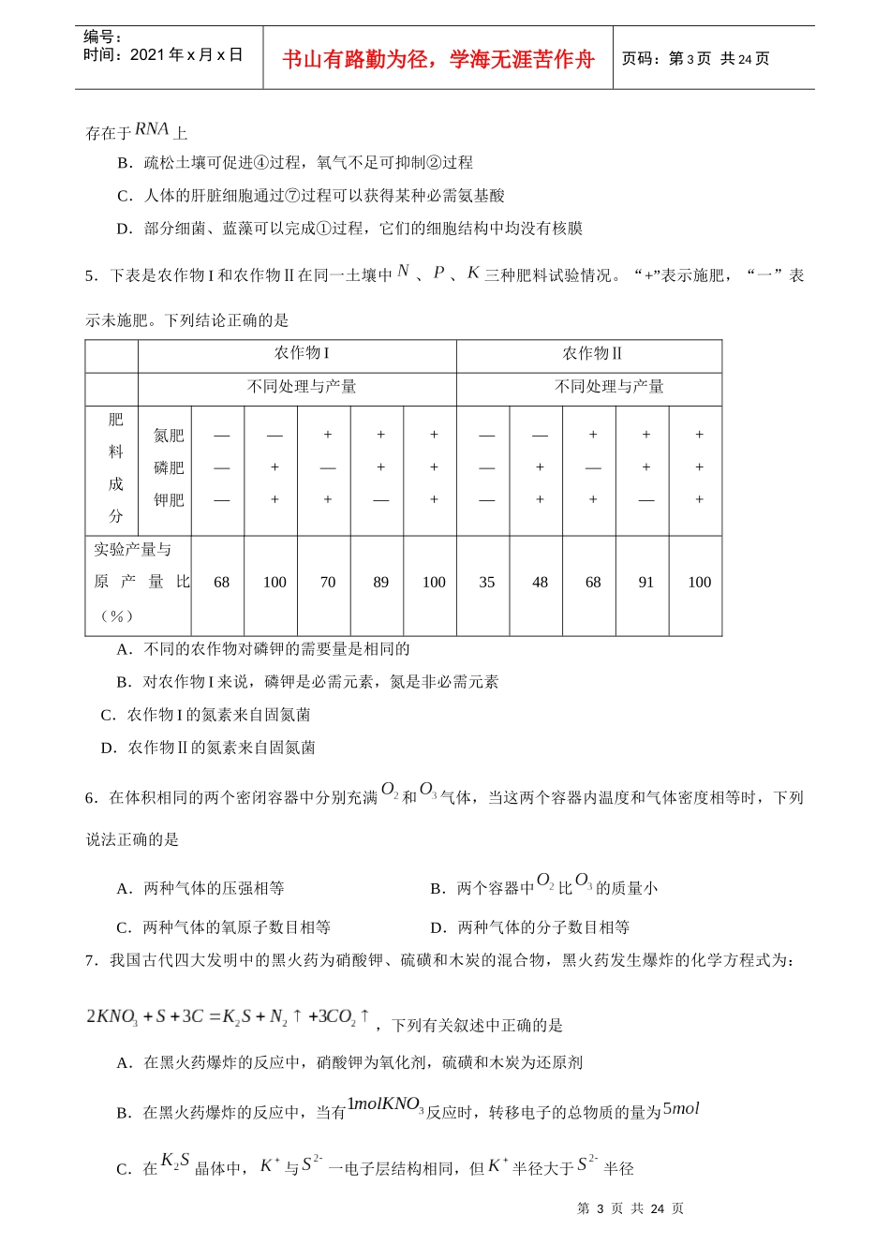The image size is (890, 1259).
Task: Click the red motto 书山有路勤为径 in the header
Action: tap(438, 60)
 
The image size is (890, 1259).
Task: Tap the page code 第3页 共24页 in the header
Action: tap(695, 59)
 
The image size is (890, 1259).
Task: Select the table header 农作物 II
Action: tap(592, 353)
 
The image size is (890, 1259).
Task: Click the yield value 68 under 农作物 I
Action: tap(221, 583)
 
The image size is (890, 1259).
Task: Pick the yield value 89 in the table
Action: tap(380, 583)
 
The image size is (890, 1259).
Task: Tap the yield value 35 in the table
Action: tap(487, 583)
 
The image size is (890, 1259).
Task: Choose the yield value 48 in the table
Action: tap(540, 583)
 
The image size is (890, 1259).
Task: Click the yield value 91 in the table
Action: tap(646, 583)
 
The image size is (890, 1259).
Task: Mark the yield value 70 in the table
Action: tap(328, 583)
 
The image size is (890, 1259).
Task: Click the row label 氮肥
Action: tap(169, 436)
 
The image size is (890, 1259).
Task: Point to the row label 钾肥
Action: tap(169, 500)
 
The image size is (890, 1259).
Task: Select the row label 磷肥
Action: tap(169, 467)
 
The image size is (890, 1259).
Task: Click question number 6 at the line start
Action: tap(90, 798)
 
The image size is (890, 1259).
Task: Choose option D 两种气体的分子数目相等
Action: tap(529, 927)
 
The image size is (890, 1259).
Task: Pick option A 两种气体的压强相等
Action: tap(200, 888)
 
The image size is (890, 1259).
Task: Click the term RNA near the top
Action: tap(152, 129)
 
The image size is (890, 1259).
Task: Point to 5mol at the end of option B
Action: tap(681, 1109)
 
